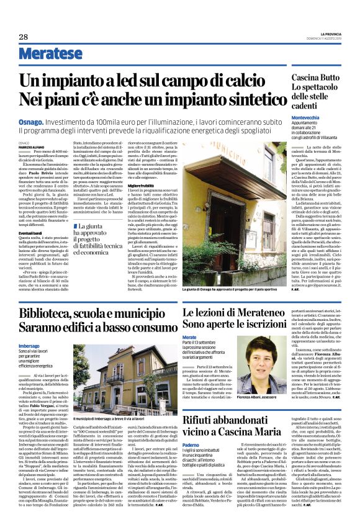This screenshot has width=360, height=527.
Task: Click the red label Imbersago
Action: point(29,345)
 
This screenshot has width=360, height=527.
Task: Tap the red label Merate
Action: point(189,336)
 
